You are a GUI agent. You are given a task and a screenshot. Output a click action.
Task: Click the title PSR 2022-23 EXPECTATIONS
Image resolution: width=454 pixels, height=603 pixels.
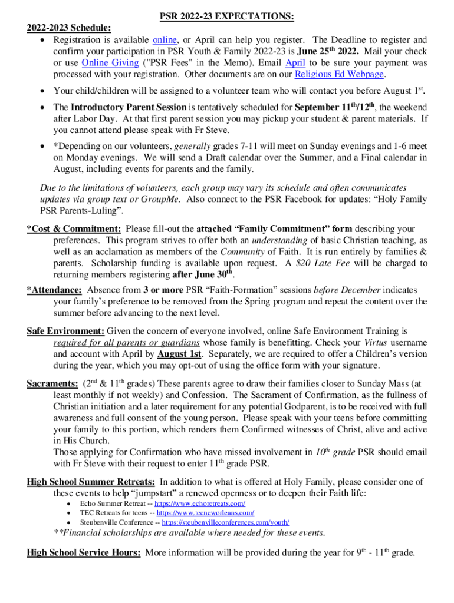[227, 18]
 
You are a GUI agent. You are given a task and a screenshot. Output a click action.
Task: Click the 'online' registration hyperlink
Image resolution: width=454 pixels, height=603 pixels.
[164, 41]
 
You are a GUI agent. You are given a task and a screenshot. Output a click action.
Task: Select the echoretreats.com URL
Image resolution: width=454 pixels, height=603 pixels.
[200, 504]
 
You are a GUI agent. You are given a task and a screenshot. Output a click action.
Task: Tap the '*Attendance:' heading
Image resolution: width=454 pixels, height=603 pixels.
[54, 290]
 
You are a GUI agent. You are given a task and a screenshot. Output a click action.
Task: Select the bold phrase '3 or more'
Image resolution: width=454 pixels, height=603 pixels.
[163, 290]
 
